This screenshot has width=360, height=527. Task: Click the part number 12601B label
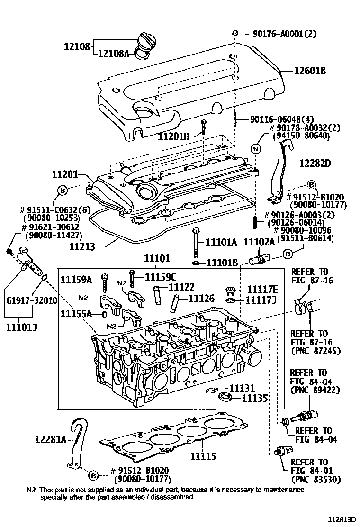tap(311, 71)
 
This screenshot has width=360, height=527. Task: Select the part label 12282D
tap(315, 164)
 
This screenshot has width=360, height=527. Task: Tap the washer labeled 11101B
tap(196, 263)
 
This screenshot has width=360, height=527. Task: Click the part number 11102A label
tap(259, 242)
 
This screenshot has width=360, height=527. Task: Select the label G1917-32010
tap(32, 300)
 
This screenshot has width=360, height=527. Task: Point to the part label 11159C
tap(160, 277)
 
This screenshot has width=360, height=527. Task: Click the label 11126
tap(201, 299)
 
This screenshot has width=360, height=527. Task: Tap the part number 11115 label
tap(203, 457)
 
